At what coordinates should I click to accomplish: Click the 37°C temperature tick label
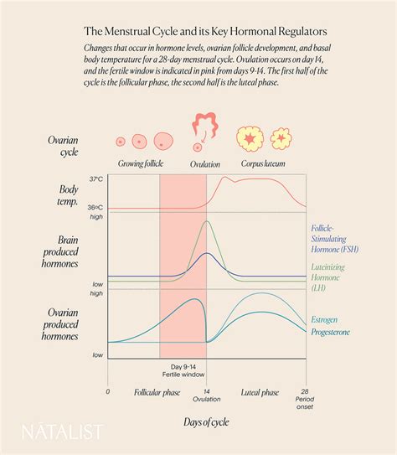[97, 178]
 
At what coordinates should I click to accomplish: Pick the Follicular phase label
[157, 392]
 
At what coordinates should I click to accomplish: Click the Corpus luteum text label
[263, 165]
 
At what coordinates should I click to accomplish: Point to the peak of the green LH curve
[206, 222]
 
